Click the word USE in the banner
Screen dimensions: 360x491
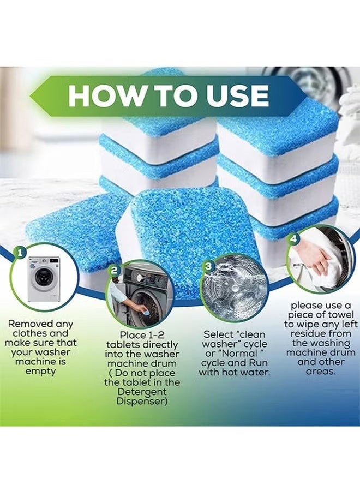click(236, 95)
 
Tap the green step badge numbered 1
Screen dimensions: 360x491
click(20, 253)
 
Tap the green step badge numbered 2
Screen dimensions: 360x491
click(114, 270)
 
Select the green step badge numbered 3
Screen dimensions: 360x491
click(208, 266)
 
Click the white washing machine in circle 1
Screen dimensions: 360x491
click(44, 279)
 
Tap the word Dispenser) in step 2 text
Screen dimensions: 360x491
click(142, 401)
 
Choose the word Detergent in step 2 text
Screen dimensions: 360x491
click(142, 392)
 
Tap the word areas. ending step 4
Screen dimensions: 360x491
click(321, 372)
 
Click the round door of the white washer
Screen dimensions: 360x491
click(42, 277)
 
